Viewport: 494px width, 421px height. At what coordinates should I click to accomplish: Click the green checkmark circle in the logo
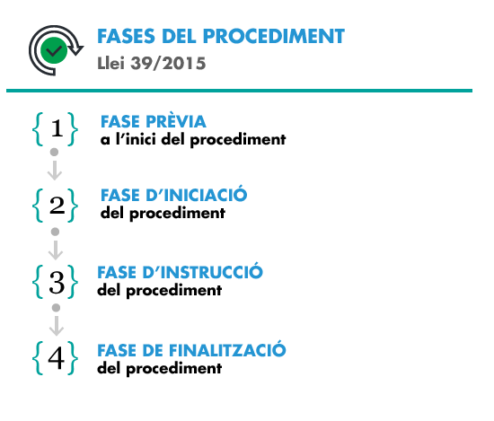[x=54, y=50]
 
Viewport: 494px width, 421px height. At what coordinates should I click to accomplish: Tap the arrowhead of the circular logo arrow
[x=75, y=49]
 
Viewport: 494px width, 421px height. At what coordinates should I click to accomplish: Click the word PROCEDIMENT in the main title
[x=274, y=36]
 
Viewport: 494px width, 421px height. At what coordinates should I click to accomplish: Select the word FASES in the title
[x=126, y=36]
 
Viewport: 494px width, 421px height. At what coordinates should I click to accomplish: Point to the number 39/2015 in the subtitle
[x=168, y=64]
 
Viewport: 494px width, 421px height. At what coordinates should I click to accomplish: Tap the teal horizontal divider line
[x=239, y=91]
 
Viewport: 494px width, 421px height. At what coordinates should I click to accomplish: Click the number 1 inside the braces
[x=57, y=128]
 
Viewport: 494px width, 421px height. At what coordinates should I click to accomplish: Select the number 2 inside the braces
[x=57, y=206]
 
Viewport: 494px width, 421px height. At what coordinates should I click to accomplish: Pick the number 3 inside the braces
[x=57, y=283]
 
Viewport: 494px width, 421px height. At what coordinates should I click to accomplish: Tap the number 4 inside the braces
[x=56, y=358]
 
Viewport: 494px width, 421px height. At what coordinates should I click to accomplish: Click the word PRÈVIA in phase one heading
[x=176, y=120]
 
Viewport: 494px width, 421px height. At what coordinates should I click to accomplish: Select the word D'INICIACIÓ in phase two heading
[x=197, y=194]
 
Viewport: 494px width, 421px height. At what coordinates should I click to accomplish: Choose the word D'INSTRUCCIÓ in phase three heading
[x=202, y=271]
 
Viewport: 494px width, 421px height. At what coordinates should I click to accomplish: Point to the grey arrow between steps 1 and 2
[x=55, y=171]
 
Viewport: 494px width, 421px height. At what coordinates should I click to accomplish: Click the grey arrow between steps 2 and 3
[x=56, y=250]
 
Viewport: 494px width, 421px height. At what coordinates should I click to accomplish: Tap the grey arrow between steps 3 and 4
[x=57, y=326]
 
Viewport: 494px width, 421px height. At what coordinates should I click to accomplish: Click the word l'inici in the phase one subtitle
[x=136, y=138]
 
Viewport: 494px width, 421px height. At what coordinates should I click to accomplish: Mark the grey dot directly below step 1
[x=54, y=152]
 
